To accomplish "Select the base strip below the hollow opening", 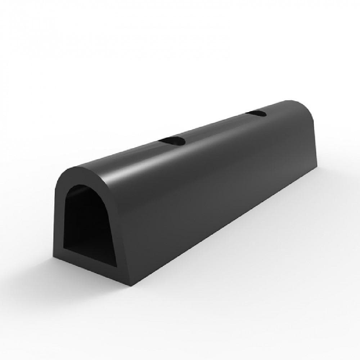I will [x=90, y=266].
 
